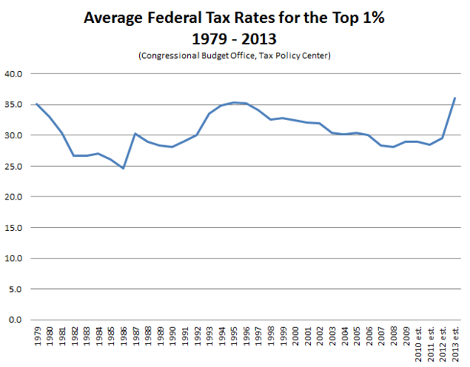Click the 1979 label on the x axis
point(37,336)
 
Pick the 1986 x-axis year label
point(123,336)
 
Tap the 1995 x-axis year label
point(234,336)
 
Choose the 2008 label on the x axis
point(394,336)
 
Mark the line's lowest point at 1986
point(123,167)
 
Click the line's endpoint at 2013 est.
point(455,98)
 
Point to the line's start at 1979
point(37,103)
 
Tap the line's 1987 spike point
point(135,134)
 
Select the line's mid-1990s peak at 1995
point(234,102)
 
